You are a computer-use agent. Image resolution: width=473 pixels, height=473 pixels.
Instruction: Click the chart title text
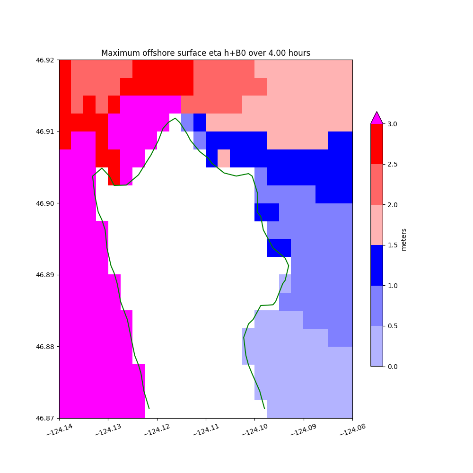click(x=206, y=53)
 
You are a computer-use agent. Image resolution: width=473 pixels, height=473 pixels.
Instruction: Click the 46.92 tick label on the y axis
click(x=46, y=60)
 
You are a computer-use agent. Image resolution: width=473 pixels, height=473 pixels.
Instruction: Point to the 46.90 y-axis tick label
click(x=46, y=203)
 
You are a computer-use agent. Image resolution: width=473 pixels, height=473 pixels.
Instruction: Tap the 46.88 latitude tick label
click(x=46, y=347)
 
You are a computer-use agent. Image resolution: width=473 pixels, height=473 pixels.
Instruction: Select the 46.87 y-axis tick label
click(x=46, y=418)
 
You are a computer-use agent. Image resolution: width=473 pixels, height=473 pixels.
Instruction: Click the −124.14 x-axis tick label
click(x=60, y=431)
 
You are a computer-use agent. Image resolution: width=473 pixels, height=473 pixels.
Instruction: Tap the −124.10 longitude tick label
click(x=255, y=431)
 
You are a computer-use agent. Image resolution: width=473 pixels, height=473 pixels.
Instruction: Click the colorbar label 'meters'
click(x=403, y=239)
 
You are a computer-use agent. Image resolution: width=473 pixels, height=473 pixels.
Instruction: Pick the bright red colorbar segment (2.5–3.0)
click(x=377, y=144)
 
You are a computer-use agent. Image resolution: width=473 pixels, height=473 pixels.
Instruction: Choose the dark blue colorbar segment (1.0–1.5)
click(x=377, y=265)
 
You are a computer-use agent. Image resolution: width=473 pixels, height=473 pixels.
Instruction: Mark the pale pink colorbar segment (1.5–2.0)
click(x=377, y=225)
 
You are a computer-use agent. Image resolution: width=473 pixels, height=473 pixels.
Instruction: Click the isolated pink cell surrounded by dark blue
click(x=224, y=158)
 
